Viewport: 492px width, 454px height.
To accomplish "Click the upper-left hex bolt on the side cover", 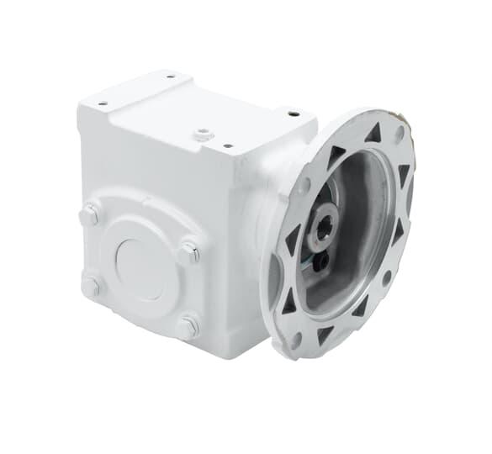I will pos(88,216).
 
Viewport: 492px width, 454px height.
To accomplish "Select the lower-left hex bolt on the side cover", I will pos(90,286).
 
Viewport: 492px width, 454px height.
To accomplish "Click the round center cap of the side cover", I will pos(139,267).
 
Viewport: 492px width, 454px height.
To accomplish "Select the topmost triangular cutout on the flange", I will pos(373,132).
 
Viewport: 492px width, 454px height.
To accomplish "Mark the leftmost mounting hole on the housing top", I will pos(103,104).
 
